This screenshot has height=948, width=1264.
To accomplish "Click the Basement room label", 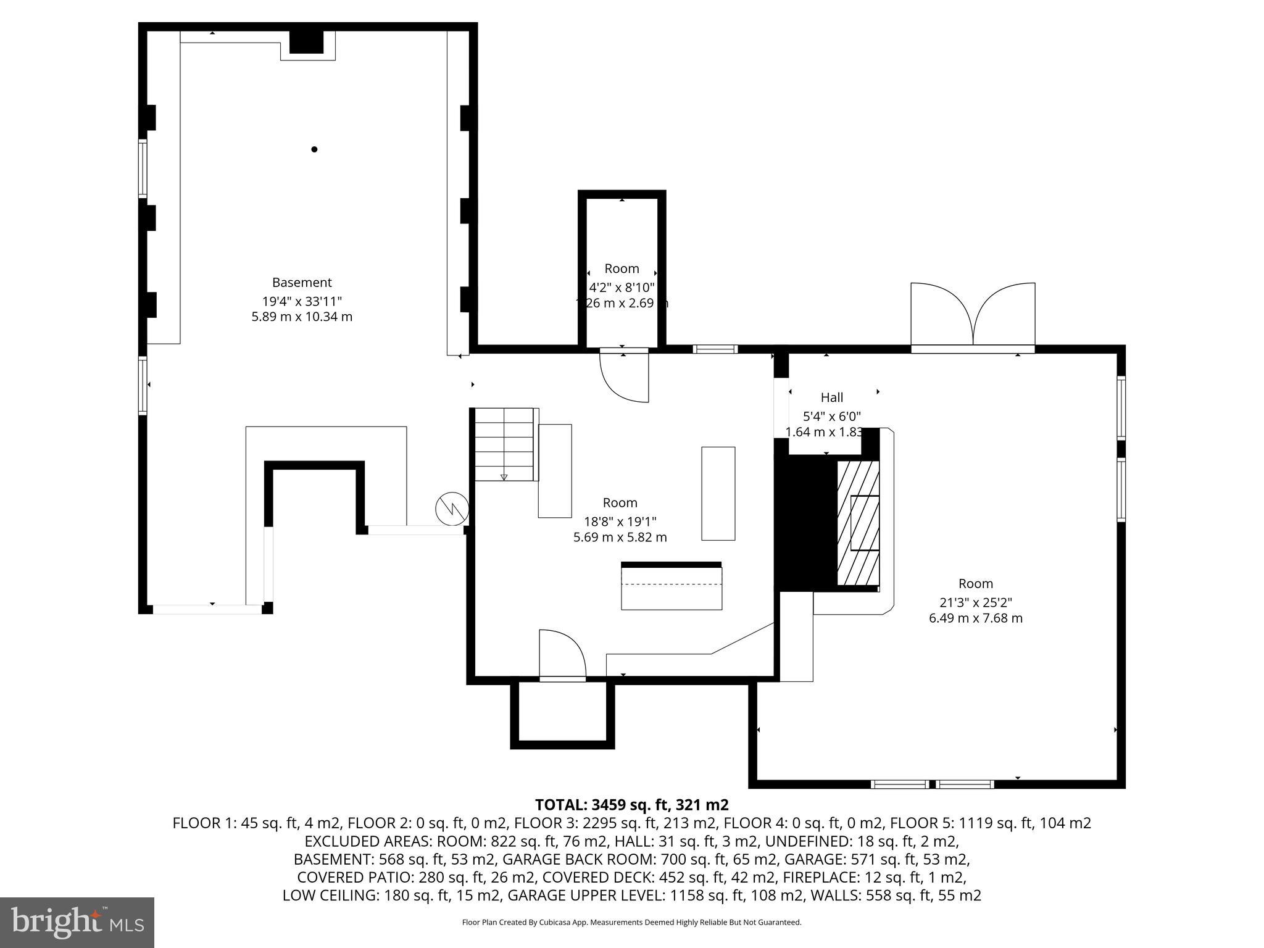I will [302, 283].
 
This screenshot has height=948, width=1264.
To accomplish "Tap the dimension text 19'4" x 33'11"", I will [302, 301].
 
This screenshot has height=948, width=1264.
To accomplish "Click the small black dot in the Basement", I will [314, 149].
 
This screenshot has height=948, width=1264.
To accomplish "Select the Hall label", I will [831, 398].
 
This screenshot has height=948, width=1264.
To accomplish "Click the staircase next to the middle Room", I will [504, 444].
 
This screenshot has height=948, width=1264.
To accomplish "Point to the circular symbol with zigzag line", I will [452, 509].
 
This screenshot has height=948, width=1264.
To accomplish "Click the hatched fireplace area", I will [858, 523].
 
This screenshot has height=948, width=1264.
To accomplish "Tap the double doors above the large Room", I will [973, 316].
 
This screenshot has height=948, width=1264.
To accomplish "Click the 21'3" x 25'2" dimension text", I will [975, 602].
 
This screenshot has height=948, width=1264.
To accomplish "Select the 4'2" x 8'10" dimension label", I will [622, 288].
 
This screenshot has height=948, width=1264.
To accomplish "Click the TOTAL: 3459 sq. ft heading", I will [631, 805].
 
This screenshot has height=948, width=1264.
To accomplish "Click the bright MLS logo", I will [77, 922].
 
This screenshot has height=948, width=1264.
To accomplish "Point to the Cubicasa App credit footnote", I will [631, 923].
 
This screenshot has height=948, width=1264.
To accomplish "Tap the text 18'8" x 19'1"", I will [620, 521].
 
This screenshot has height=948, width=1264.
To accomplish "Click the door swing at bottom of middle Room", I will [561, 654].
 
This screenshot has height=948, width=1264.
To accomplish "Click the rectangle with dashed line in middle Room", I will [671, 588].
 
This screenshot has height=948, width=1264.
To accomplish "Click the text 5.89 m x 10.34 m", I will [302, 317].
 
